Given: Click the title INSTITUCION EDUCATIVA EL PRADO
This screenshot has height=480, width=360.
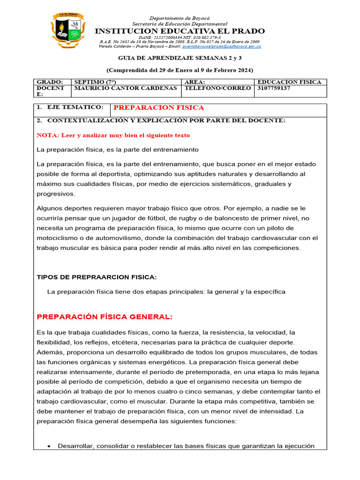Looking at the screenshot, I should [x=180, y=31].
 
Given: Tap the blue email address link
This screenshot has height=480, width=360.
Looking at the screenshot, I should [x=221, y=46].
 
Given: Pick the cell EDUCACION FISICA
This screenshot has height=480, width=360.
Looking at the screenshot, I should [x=290, y=82].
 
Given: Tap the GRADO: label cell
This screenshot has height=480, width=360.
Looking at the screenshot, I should [x=50, y=82].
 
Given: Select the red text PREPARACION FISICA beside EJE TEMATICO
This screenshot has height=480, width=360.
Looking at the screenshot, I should [x=159, y=108].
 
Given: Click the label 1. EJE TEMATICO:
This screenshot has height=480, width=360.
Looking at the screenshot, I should [x=70, y=107].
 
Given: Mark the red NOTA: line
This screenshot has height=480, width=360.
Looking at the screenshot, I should [x=113, y=135].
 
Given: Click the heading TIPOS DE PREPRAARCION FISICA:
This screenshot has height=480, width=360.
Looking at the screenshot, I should [x=97, y=277].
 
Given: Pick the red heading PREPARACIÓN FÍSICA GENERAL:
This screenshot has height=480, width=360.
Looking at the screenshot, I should [x=105, y=317].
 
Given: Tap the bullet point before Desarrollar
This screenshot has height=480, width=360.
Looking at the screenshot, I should [x=49, y=446].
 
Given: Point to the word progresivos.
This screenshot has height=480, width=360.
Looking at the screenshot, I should [x=55, y=194].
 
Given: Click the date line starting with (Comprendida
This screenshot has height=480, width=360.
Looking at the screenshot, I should [x=180, y=70].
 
